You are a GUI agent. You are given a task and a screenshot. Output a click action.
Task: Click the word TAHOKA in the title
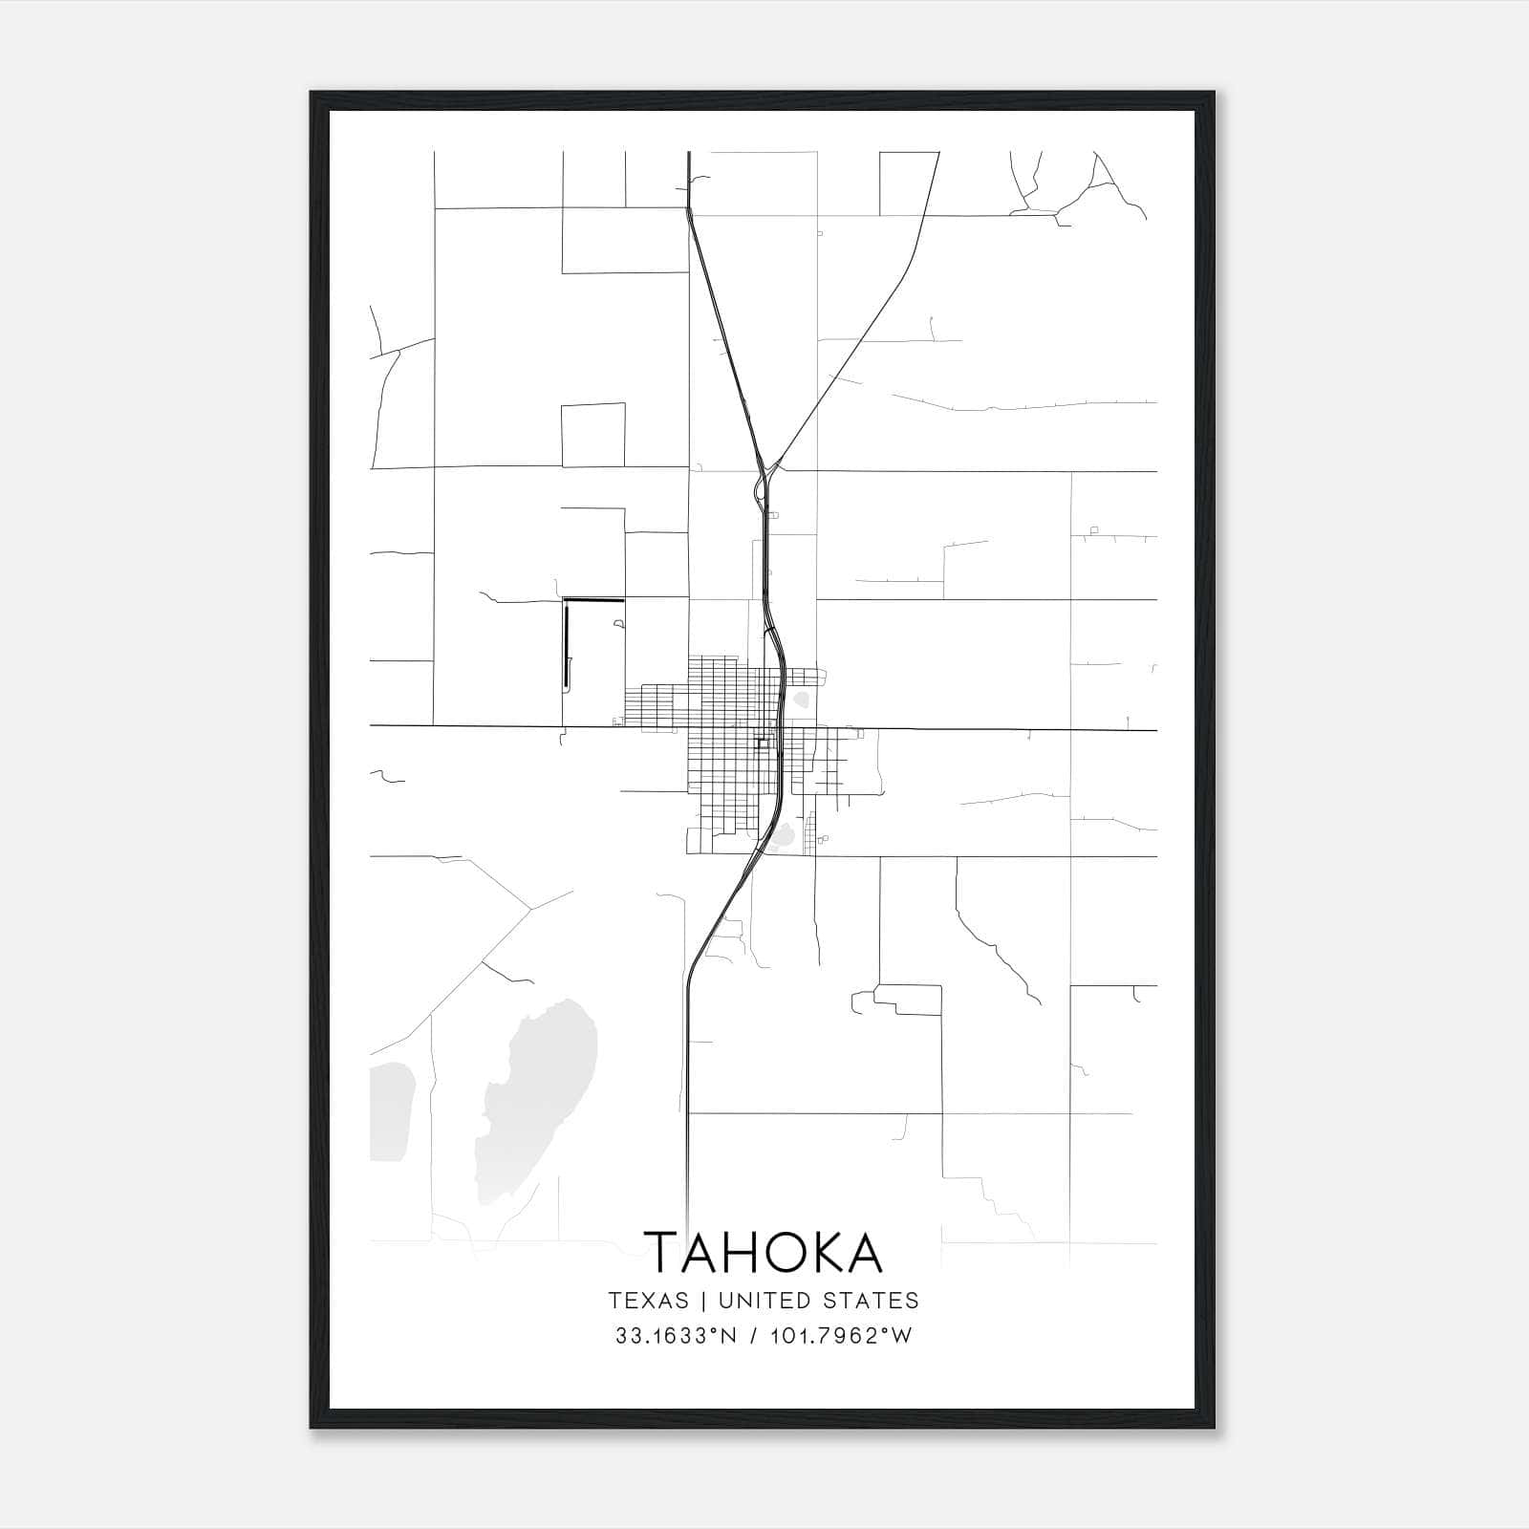[x=764, y=1252]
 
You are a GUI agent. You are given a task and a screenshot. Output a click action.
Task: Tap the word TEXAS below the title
[x=648, y=1301]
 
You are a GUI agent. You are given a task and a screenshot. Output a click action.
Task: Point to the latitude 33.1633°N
[x=676, y=1336]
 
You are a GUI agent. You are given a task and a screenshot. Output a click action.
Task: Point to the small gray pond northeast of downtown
[x=801, y=700]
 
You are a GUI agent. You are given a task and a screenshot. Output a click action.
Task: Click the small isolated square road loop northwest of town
[x=592, y=435]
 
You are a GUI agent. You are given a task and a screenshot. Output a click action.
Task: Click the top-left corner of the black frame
[x=312, y=94]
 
